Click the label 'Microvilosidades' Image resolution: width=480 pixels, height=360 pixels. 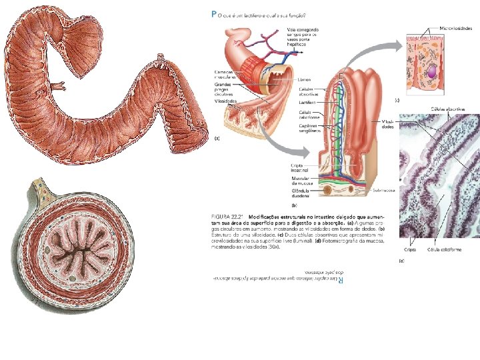pos(455,29)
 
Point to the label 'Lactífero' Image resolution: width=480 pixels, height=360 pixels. pos(308,103)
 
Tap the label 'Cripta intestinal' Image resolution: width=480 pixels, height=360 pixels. pos(301,169)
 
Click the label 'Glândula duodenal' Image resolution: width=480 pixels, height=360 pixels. pos(301,195)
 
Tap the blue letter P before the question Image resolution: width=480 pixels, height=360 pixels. pos(213,13)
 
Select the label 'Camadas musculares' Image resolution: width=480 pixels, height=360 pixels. pos(226,74)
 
